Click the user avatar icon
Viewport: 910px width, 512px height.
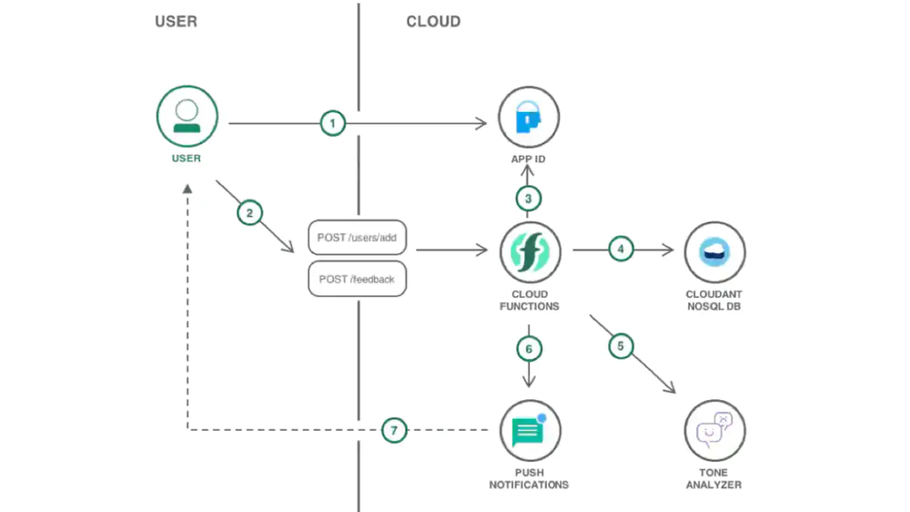[x=187, y=117]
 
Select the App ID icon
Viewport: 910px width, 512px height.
[x=529, y=118]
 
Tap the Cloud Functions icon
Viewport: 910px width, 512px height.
[x=530, y=252]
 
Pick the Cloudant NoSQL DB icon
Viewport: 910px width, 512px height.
[x=714, y=252]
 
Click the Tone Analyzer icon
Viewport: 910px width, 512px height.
[x=714, y=429]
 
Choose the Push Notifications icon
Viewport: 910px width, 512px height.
[x=530, y=430]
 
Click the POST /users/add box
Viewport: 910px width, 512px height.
[x=357, y=238]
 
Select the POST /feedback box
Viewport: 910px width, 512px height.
[x=357, y=279]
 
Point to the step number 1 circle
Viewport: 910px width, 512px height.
[x=333, y=123]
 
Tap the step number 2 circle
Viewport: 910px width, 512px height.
[x=249, y=213]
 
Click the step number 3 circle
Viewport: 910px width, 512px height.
[x=529, y=198]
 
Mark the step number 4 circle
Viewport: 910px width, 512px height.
[x=621, y=248]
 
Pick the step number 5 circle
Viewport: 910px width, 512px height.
[x=621, y=346]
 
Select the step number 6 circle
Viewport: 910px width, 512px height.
[x=529, y=349]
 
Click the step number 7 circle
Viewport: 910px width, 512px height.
[x=393, y=430]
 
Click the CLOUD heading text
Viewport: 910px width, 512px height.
[x=433, y=21]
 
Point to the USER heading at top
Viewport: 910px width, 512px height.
[x=176, y=21]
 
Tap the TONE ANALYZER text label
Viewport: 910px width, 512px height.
[x=713, y=478]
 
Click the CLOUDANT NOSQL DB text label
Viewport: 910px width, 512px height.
[x=713, y=301]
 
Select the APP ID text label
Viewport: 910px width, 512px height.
[x=529, y=159]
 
